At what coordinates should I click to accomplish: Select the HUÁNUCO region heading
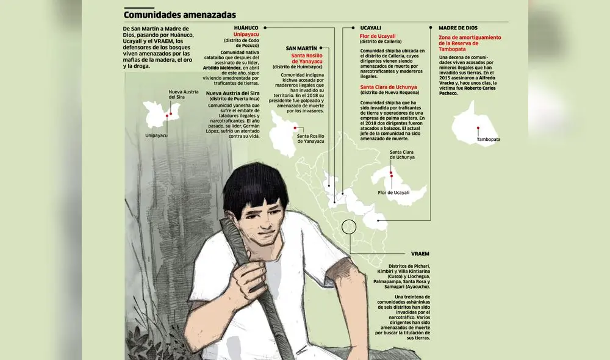coord(246,28)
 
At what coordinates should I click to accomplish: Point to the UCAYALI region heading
coord(370,28)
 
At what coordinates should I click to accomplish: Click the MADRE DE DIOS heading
coord(458,28)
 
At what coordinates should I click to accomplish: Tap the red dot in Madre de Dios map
coord(478,128)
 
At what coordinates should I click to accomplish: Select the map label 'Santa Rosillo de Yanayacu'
coord(310,138)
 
